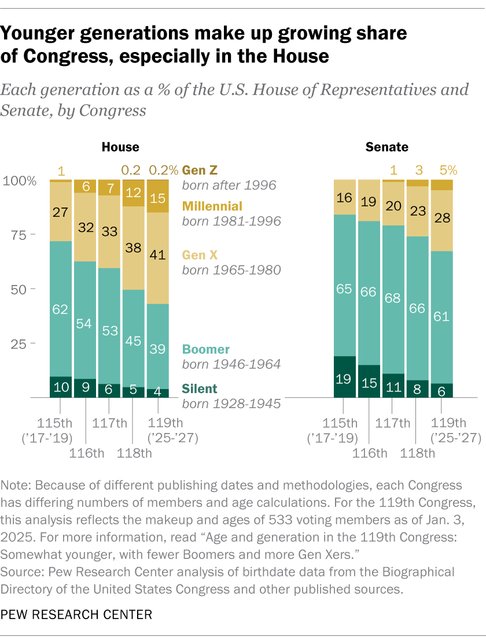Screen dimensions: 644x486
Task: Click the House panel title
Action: tap(120, 147)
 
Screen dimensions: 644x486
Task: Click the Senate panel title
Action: tap(386, 147)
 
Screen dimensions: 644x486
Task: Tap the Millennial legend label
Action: tap(212, 206)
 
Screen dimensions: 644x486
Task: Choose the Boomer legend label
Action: tap(205, 349)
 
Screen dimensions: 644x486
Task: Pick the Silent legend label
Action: tap(201, 388)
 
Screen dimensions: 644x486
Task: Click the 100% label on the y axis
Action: tap(20, 181)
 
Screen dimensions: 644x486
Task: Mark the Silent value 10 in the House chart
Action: tap(60, 388)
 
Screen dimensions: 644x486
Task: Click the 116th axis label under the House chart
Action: tap(86, 452)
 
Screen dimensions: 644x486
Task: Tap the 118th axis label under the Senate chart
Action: tap(417, 452)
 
